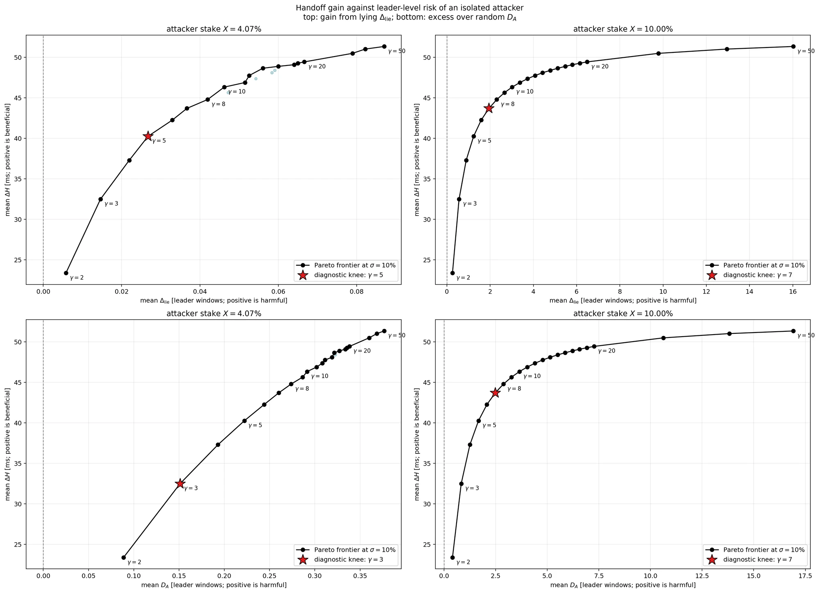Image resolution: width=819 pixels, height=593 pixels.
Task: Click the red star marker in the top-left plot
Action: click(148, 136)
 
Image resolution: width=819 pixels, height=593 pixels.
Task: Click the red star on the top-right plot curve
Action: click(489, 108)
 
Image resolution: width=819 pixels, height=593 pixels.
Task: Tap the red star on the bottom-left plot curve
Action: click(180, 484)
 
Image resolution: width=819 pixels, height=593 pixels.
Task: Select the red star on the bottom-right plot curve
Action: click(495, 392)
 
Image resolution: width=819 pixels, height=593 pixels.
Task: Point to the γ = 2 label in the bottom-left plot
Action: click(134, 562)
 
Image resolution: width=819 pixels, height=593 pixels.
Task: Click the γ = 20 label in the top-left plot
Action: click(317, 66)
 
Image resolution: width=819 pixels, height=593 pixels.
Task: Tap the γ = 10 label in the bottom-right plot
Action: click(532, 376)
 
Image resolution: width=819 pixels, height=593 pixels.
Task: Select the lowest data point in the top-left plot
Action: click(66, 273)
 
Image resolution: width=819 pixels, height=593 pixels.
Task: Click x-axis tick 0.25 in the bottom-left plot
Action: click(269, 576)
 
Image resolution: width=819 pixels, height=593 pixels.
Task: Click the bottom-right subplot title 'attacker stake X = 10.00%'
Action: click(623, 314)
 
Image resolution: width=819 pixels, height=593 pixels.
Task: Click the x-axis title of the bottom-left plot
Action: click(214, 585)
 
